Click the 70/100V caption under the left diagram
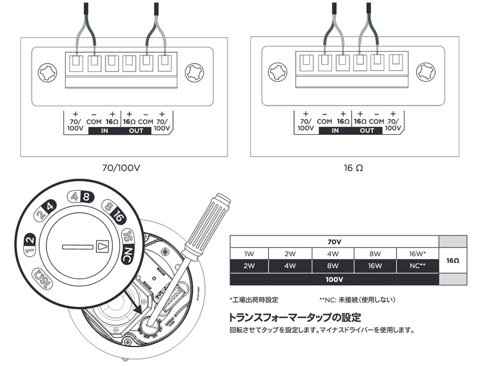[x=120, y=167]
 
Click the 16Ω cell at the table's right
[x=453, y=260]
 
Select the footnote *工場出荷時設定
[x=254, y=300]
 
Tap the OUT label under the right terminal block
[x=367, y=131]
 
